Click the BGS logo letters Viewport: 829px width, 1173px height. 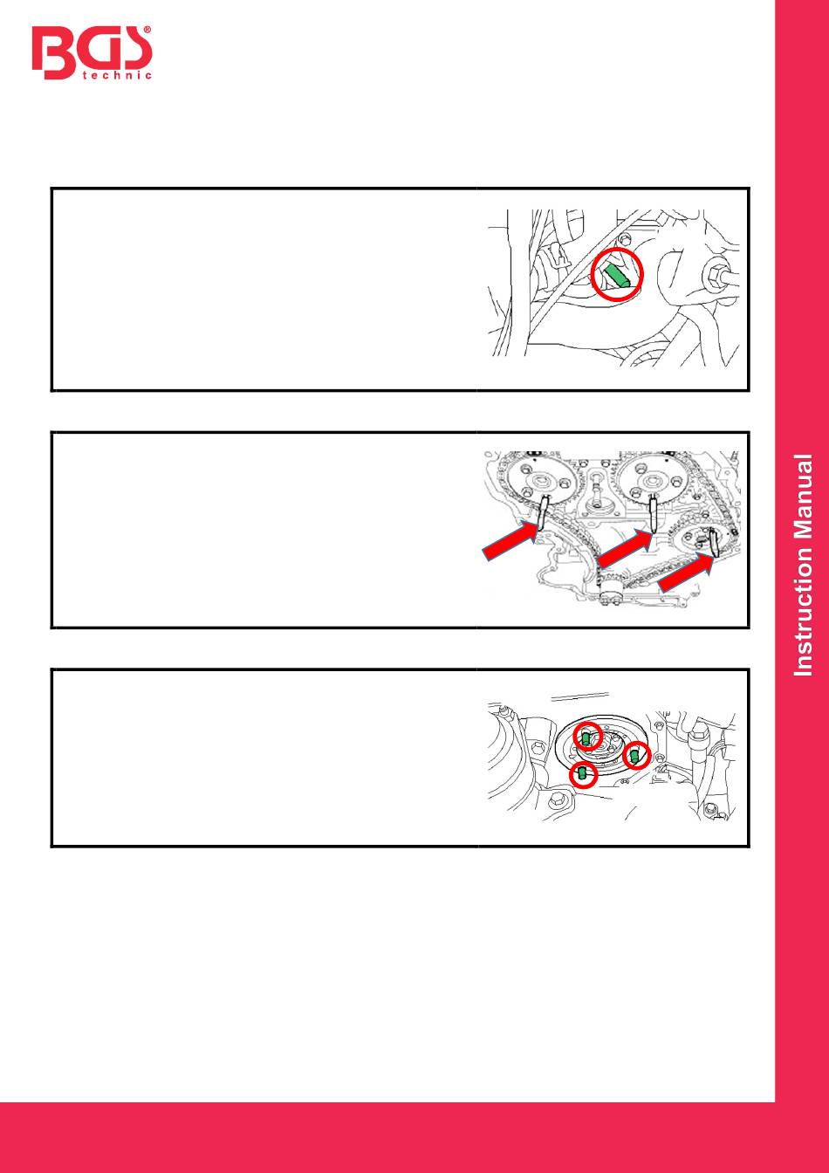coord(92,52)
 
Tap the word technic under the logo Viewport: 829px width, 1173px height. coord(117,75)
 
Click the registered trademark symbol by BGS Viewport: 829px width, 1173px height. coord(147,31)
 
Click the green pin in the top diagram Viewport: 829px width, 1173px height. coord(616,275)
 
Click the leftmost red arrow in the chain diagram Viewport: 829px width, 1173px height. coord(511,542)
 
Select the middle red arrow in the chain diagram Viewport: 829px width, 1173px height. coord(626,549)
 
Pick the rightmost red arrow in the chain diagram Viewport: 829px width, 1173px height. coord(687,574)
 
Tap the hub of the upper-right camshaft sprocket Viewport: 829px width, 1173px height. coord(652,481)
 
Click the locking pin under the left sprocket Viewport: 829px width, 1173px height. coord(543,516)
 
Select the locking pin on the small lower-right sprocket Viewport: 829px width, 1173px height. coord(713,543)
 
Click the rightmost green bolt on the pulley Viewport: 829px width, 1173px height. coord(634,756)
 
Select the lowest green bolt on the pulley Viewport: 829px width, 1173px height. coord(582,772)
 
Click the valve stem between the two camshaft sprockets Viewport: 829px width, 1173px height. coord(598,491)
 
